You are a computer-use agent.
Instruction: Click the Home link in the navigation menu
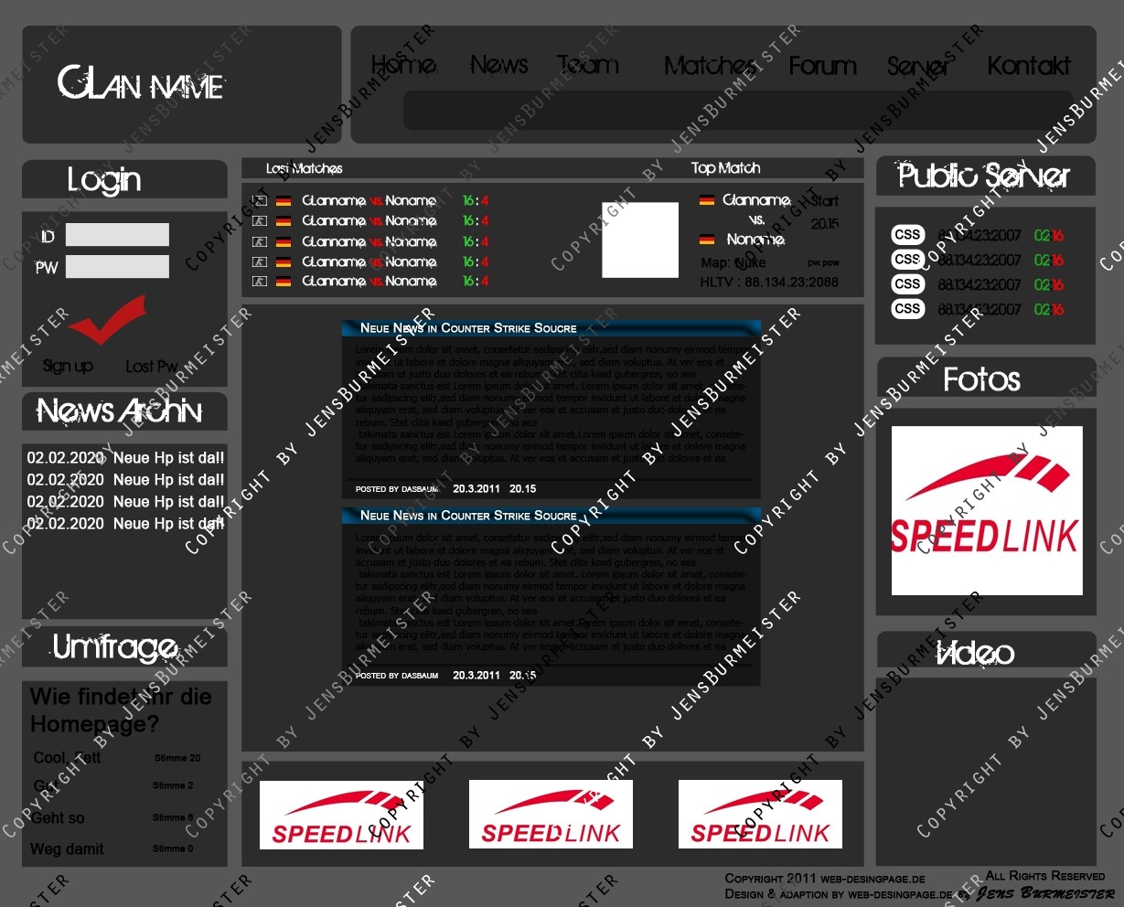pos(403,65)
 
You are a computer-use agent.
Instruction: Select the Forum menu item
pos(822,66)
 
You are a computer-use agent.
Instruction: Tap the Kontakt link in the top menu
pos(1029,66)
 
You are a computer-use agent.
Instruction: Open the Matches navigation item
pos(709,66)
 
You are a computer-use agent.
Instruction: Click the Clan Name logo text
pos(141,84)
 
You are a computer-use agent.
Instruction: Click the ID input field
pos(117,235)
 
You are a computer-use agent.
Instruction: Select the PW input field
pos(117,267)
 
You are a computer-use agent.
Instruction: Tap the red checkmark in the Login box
pos(107,317)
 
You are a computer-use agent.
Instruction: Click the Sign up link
pos(68,366)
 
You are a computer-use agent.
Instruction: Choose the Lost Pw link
pos(151,367)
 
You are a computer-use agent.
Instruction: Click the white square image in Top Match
pos(640,240)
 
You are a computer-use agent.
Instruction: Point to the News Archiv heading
pos(120,411)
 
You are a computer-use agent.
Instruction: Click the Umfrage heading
pos(115,647)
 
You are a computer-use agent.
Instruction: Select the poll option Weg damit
pos(67,849)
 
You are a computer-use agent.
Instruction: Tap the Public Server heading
pos(984,176)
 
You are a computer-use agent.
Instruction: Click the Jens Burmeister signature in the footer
pos(1045,893)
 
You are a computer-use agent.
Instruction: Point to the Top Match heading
pos(725,168)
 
